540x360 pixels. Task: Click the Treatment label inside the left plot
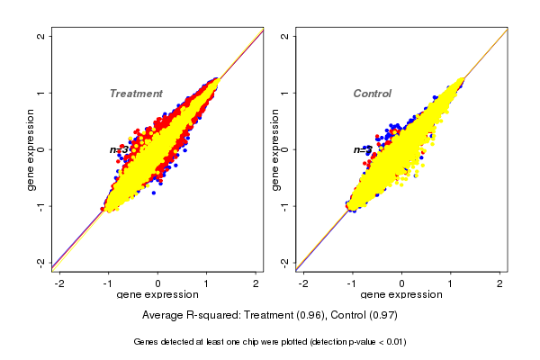tap(136, 94)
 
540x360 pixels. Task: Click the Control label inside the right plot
tap(372, 94)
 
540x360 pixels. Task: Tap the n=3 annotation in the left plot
tap(119, 149)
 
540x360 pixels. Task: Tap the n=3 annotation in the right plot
tap(362, 149)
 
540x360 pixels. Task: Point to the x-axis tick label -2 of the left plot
tap(59, 283)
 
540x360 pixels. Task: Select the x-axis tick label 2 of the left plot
tap(256, 283)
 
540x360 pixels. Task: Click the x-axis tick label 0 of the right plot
tap(402, 283)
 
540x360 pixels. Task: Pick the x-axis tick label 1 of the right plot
tap(452, 283)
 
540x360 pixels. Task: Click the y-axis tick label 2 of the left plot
tap(41, 36)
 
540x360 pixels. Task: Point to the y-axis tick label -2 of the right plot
tap(285, 262)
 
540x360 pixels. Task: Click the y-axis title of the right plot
tap(274, 149)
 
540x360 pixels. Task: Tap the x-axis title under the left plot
tap(157, 296)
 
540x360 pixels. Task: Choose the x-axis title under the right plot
tap(401, 296)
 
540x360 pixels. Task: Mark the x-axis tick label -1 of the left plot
tap(108, 283)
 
